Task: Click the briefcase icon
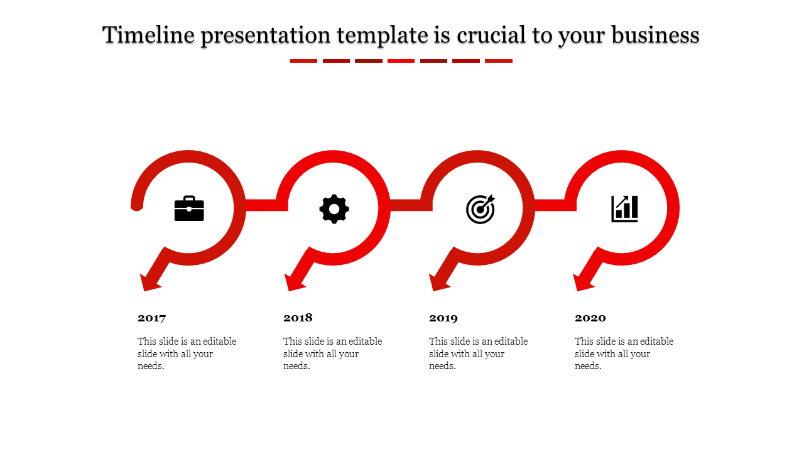pos(189,208)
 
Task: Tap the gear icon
pos(334,209)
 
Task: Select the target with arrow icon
pos(481,209)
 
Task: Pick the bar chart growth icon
pos(625,209)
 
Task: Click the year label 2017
pos(152,318)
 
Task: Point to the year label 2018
pos(298,318)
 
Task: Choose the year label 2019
pos(443,318)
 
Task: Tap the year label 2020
pos(590,318)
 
